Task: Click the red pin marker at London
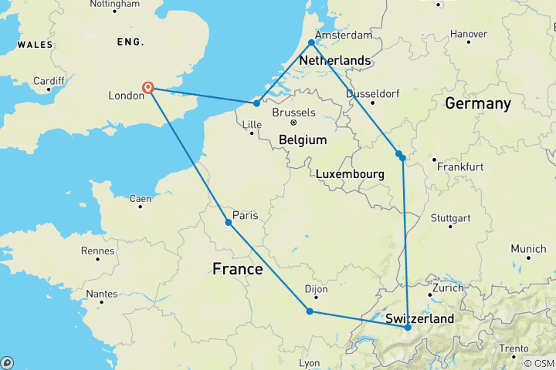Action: [x=148, y=87]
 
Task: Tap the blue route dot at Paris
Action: [x=229, y=223]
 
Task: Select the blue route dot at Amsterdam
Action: [x=311, y=42]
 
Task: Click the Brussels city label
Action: [x=293, y=113]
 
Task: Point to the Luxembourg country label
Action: [x=350, y=175]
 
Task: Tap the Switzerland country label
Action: [x=419, y=318]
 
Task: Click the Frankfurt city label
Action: [x=459, y=166]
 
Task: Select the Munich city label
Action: [x=528, y=249]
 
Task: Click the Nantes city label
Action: [x=102, y=293]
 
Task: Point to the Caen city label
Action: [x=140, y=199]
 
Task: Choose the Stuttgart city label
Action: [x=450, y=218]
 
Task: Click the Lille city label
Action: [x=253, y=124]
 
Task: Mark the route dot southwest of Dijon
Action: [x=310, y=311]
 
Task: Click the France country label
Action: [x=237, y=269]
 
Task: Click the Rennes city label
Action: [x=97, y=251]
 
